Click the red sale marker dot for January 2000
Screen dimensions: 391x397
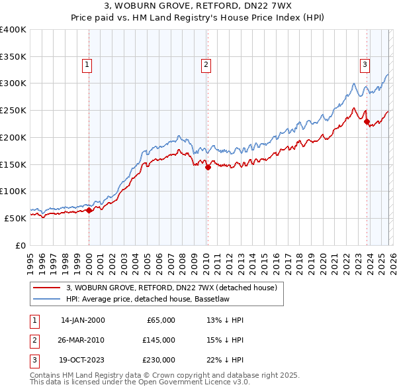(x=89, y=211)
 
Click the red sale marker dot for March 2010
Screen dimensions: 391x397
(x=208, y=168)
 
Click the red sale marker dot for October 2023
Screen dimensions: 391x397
(x=367, y=121)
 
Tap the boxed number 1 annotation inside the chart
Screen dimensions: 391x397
(x=87, y=64)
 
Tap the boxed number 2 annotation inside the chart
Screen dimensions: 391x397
(x=206, y=64)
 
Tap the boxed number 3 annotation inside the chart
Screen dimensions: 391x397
(x=365, y=64)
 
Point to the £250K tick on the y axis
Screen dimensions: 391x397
(x=15, y=110)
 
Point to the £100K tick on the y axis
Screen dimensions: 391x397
(x=15, y=191)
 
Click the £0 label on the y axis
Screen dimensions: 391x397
(x=20, y=245)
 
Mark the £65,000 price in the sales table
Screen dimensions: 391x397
(x=159, y=320)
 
